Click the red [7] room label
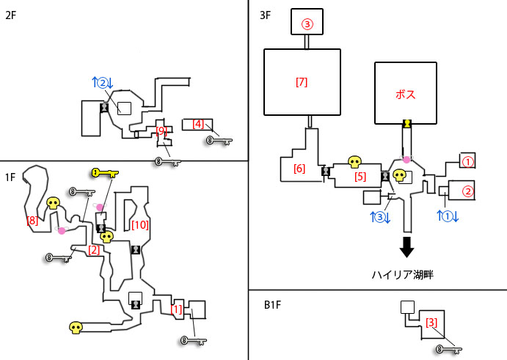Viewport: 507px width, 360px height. pyautogui.click(x=301, y=81)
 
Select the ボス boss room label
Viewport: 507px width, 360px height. pyautogui.click(x=405, y=95)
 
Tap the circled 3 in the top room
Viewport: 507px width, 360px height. pyautogui.click(x=307, y=24)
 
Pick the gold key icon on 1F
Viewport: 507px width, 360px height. pyautogui.click(x=105, y=173)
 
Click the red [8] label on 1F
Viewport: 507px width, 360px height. pyautogui.click(x=32, y=220)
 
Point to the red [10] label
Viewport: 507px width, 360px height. pyautogui.click(x=139, y=224)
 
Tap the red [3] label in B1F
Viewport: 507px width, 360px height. pyautogui.click(x=433, y=322)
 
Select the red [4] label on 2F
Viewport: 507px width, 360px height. pyautogui.click(x=197, y=124)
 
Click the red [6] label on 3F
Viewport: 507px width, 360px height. pyautogui.click(x=299, y=169)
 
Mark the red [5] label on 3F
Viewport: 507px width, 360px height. pyautogui.click(x=360, y=176)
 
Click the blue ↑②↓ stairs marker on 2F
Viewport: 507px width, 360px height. pyautogui.click(x=102, y=84)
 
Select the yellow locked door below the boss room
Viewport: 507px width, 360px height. pyautogui.click(x=405, y=125)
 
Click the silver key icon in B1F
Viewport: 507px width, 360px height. pyautogui.click(x=445, y=349)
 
